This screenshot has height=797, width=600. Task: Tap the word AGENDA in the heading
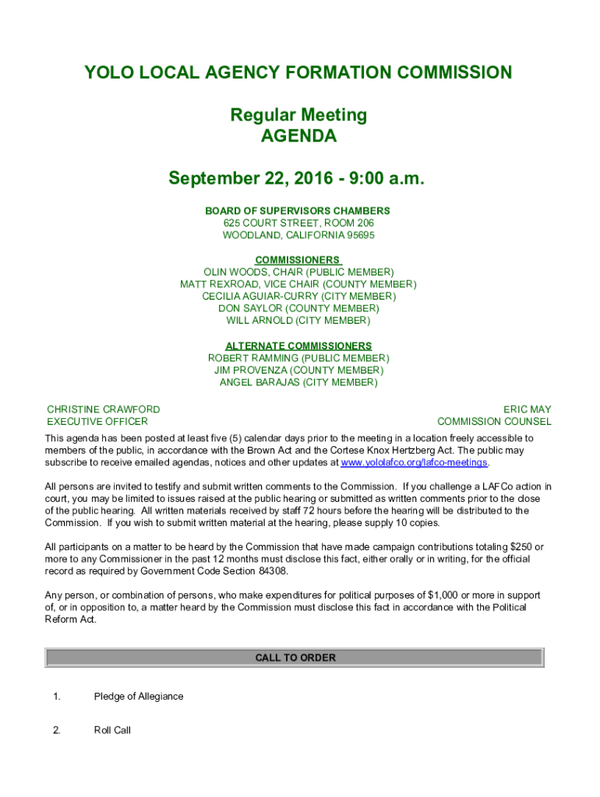[x=298, y=137]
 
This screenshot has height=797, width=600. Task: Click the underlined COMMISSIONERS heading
[x=298, y=260]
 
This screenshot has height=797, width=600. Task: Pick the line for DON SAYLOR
[x=298, y=308]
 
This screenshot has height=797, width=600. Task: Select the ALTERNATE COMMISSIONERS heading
[x=298, y=346]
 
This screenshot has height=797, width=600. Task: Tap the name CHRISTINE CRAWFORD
[x=104, y=409]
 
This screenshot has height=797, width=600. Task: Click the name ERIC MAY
[x=527, y=409]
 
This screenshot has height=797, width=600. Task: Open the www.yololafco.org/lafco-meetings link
[x=415, y=462]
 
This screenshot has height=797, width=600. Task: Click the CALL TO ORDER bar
[x=295, y=658]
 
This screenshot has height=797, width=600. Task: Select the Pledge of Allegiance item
[x=139, y=697]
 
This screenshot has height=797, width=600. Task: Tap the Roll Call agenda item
[x=112, y=730]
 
